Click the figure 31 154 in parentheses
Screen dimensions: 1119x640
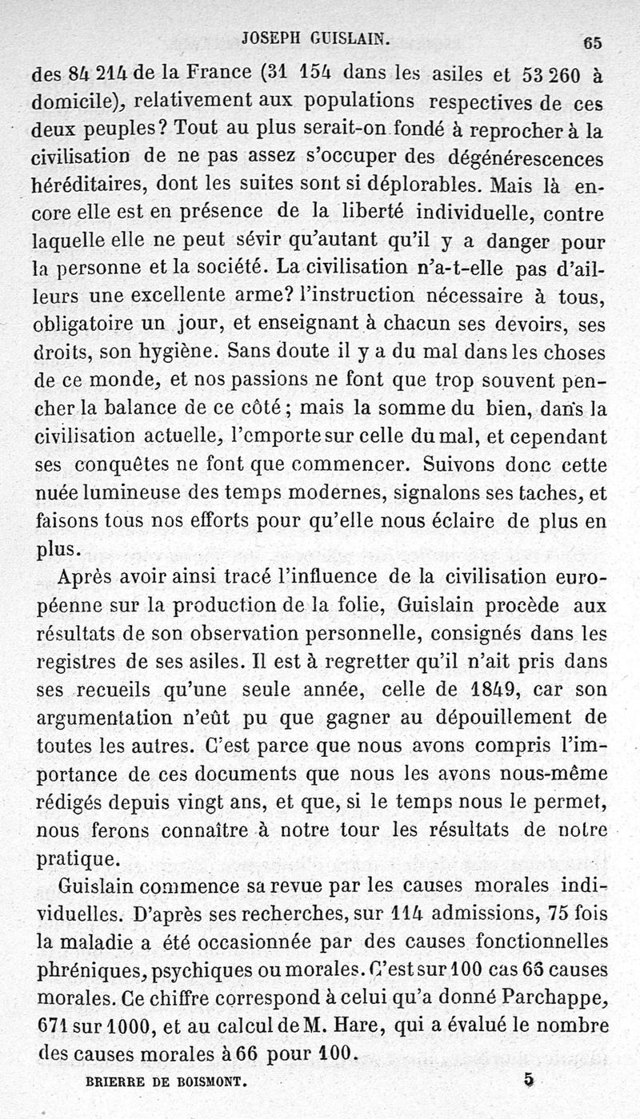point(302,74)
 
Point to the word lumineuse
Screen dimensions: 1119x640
point(149,492)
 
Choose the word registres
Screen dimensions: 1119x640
point(82,662)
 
